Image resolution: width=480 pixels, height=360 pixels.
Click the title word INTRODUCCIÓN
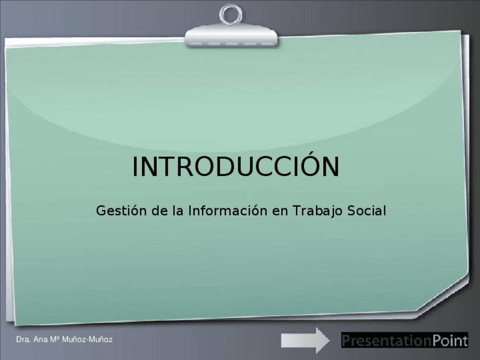(235, 166)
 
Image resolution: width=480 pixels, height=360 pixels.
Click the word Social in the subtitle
(366, 211)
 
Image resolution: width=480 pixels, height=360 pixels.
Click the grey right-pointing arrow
(306, 340)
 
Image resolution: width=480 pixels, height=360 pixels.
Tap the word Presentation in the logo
(386, 341)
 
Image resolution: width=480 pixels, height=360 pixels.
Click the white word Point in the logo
(449, 341)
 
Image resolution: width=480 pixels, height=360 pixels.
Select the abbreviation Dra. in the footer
(23, 340)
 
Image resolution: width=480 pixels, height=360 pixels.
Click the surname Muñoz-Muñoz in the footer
(87, 340)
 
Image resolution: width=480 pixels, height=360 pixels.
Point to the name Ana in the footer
(40, 340)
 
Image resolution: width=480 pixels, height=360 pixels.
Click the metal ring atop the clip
(231, 14)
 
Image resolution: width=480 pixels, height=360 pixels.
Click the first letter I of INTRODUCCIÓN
(135, 167)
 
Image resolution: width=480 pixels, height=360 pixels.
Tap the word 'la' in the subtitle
(178, 211)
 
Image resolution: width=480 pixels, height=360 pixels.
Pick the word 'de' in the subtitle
(159, 211)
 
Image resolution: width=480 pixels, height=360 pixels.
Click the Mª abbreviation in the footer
(55, 340)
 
